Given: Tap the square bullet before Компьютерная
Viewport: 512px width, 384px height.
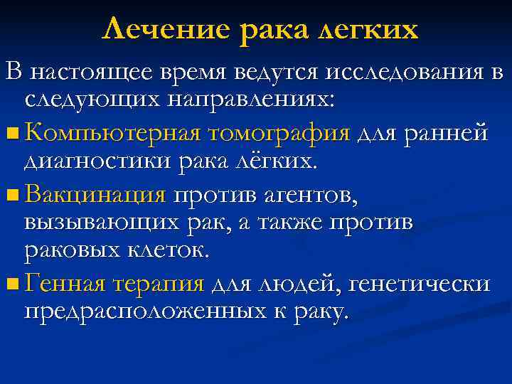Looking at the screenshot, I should click(13, 132).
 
